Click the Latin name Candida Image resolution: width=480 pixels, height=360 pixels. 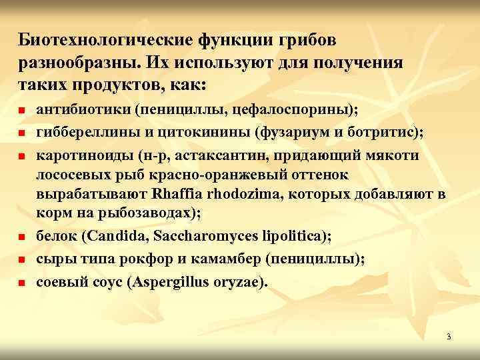[x=133, y=236]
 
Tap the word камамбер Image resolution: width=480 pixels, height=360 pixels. [x=218, y=259]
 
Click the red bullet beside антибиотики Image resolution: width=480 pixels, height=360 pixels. [x=22, y=109]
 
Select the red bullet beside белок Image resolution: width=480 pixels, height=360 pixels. [x=22, y=237]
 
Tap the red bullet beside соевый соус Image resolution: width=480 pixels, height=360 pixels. [x=22, y=283]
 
